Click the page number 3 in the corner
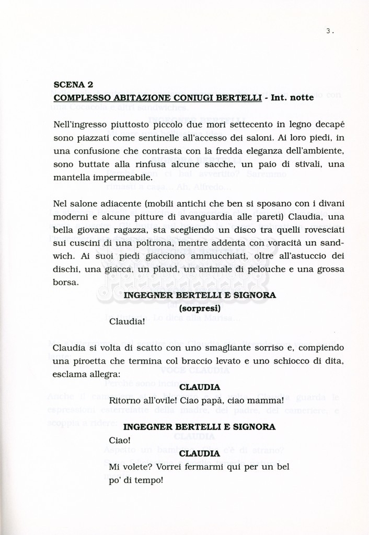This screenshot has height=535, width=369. coord(328,31)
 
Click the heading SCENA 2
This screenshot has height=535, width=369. coord(73,84)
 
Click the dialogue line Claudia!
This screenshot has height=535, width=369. coord(127,321)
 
